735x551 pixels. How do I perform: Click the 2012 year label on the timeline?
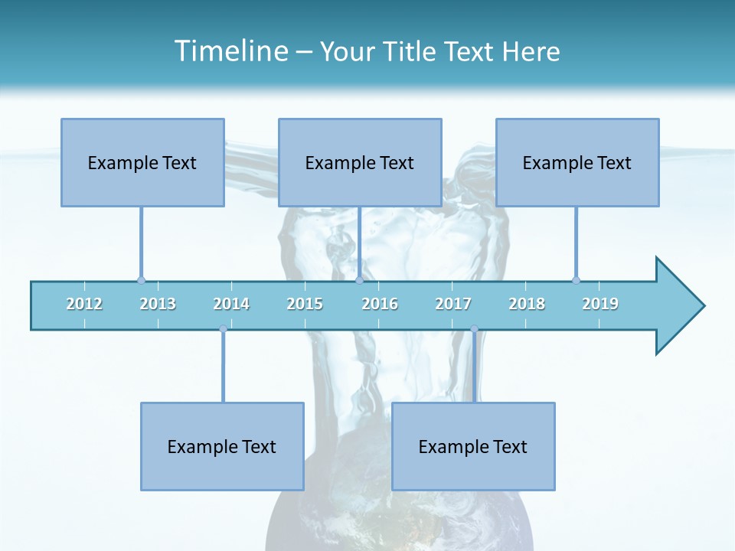[84, 304]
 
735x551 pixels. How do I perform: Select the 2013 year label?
[158, 304]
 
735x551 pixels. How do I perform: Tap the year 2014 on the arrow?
[231, 304]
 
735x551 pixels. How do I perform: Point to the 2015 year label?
[305, 304]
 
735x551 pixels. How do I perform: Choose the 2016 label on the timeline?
[380, 304]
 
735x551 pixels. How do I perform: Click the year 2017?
[453, 304]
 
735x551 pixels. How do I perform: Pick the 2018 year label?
[527, 304]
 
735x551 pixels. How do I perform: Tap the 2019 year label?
[600, 304]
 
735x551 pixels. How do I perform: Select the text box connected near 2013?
[142, 162]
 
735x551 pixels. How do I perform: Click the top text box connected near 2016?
[360, 162]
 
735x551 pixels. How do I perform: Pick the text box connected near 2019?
[577, 162]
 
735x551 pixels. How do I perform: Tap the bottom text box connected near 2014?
[222, 446]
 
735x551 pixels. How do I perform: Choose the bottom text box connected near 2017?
[473, 446]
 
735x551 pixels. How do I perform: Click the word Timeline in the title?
[230, 51]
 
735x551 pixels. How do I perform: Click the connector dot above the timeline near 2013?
[141, 280]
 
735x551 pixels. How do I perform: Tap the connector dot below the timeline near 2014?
[223, 329]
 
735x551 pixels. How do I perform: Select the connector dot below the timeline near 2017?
[474, 329]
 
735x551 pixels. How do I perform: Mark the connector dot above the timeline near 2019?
[576, 280]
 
